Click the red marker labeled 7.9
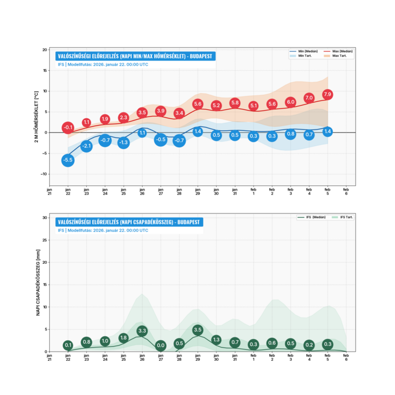(327, 94)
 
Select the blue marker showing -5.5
(68, 160)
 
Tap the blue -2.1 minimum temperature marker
(86, 146)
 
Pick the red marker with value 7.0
(309, 98)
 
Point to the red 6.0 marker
(291, 102)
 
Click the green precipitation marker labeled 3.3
(142, 330)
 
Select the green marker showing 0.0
(160, 345)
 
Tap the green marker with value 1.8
(123, 337)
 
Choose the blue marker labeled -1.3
(123, 143)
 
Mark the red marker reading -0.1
(68, 128)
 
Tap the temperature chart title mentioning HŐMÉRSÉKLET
(135, 56)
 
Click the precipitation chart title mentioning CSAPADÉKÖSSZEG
(128, 222)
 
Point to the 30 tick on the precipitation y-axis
(45, 217)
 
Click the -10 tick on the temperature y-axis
(43, 174)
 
